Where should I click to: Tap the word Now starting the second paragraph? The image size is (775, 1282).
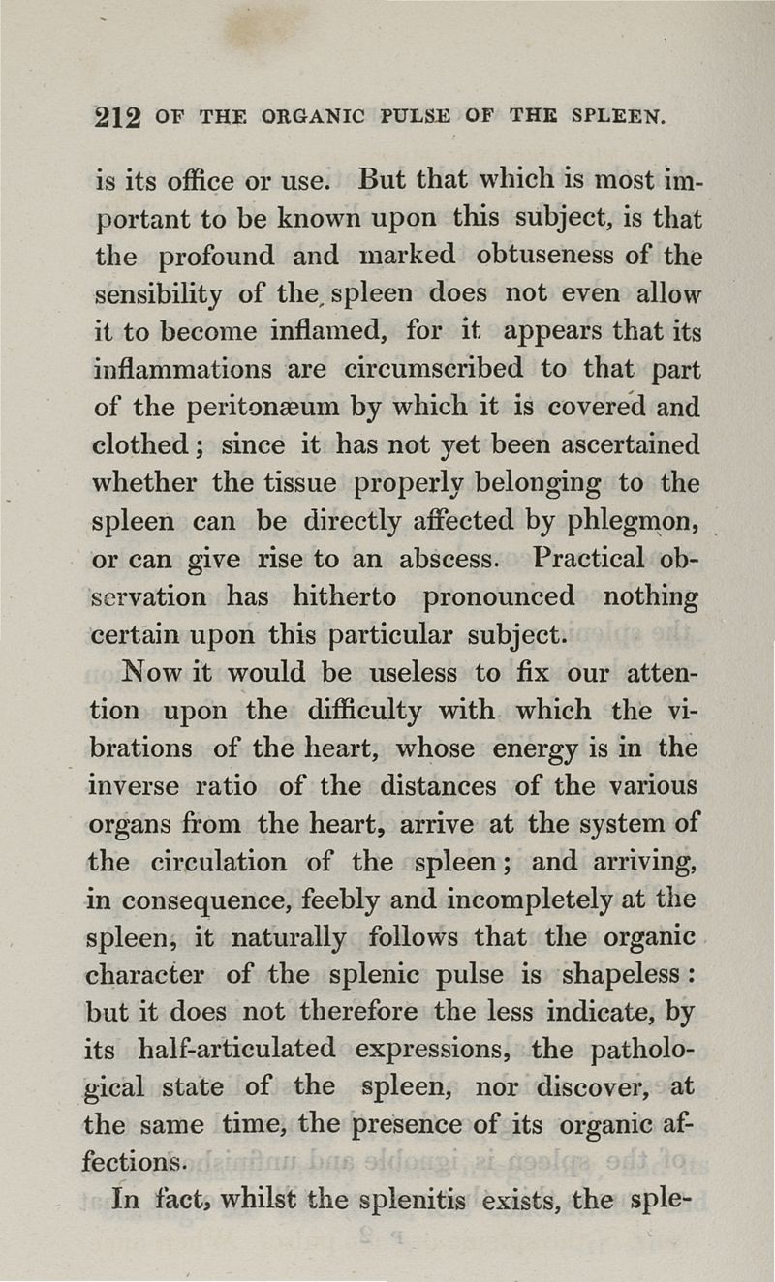pos(146,671)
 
